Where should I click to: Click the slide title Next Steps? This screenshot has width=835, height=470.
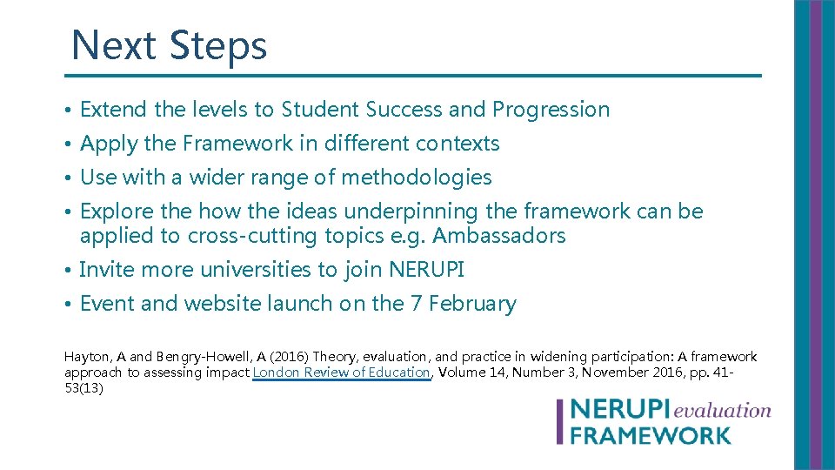point(169,45)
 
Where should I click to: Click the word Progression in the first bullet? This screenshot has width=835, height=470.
point(551,110)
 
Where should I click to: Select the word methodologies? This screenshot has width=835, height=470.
point(416,178)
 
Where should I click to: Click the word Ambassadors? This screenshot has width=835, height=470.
point(498,236)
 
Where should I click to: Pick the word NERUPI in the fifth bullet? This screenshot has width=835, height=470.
point(426,270)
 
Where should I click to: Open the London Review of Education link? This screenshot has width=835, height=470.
point(341,373)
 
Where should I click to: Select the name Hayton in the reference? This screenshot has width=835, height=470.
point(86,357)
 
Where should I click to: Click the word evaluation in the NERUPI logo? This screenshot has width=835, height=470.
point(721,409)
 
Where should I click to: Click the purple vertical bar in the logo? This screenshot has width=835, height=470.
point(561,421)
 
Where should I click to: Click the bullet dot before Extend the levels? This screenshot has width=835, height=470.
point(68,111)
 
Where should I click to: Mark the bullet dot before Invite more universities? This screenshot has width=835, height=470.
point(68,271)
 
